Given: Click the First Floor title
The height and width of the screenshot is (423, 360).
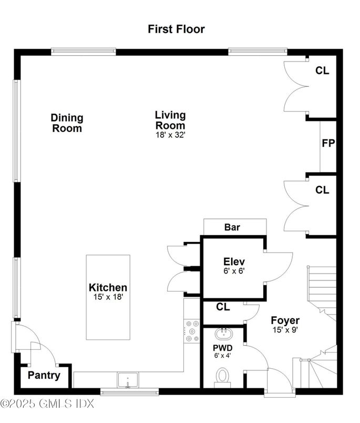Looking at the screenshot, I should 176,29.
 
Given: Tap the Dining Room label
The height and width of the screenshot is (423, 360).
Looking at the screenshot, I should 67,123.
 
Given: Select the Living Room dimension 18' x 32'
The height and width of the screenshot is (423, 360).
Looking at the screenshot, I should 170,135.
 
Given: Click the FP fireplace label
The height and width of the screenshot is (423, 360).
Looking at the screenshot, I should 328,143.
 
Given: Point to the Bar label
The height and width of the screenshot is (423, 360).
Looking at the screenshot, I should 232,228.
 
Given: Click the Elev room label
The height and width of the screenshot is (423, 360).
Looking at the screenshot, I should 234,261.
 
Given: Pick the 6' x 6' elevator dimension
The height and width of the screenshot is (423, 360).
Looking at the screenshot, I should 234,271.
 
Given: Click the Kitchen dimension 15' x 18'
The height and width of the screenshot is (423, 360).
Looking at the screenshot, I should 108,297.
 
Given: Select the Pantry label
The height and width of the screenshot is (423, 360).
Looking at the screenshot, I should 44,376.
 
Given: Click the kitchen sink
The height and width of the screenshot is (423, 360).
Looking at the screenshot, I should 128,380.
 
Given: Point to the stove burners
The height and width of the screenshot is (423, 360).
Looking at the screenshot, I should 191,331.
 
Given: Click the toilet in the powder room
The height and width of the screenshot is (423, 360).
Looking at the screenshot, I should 223,376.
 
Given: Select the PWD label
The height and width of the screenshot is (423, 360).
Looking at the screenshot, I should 222,348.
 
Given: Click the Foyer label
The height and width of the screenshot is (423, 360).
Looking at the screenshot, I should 285,320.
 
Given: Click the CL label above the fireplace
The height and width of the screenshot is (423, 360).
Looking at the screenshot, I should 322,70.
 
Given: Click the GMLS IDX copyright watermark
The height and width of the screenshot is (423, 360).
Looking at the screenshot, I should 47,404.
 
